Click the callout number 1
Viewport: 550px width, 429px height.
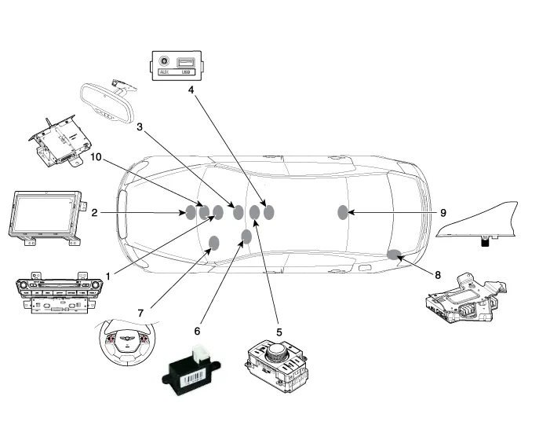108,275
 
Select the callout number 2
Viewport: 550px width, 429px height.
94,213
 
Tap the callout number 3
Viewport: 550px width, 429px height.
140,126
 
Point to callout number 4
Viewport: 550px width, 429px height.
191,90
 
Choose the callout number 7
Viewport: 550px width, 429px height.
140,313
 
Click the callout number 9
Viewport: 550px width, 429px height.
443,213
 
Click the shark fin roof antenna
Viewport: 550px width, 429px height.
479,221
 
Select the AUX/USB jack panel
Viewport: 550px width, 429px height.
177,64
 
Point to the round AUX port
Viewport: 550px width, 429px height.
165,60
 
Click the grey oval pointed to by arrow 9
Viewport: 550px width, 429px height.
343,212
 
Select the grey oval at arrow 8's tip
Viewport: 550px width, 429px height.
394,254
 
